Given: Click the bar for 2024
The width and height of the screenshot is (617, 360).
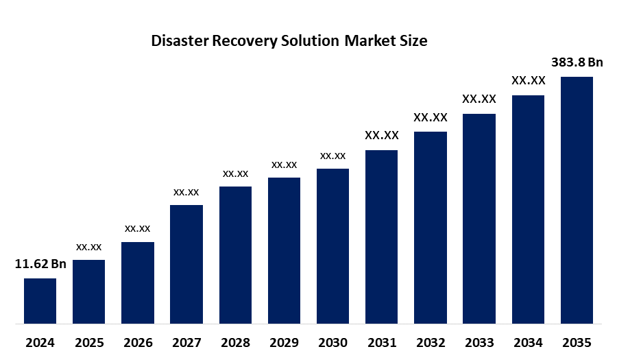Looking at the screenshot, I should [40, 300].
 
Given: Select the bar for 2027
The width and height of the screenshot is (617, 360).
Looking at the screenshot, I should [186, 264].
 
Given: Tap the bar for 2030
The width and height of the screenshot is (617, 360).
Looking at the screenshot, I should [332, 245].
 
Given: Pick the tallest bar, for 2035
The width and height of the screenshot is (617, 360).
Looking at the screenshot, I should [577, 200].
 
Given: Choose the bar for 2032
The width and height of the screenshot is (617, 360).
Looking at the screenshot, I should [431, 227].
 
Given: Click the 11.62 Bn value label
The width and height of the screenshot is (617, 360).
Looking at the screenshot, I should [40, 263].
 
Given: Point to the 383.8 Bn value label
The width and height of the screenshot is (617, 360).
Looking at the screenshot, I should [577, 62].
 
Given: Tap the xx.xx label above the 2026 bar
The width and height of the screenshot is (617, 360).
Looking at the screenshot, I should [137, 228].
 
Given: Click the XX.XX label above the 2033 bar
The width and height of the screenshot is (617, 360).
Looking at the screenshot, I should [479, 99].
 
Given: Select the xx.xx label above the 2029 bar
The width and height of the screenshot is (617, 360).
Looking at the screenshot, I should [284, 165].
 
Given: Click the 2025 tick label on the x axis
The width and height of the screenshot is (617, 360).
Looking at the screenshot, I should [88, 342].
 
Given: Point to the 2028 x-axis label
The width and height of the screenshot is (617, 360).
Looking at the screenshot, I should [235, 342].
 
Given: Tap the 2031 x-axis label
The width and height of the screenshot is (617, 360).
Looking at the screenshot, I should [382, 342].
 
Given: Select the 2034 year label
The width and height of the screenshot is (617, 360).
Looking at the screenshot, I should [528, 342].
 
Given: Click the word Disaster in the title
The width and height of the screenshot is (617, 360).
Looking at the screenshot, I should [180, 41].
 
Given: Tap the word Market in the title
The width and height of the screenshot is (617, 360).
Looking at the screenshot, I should [371, 41].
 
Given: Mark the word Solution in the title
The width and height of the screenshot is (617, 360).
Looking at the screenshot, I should [311, 41].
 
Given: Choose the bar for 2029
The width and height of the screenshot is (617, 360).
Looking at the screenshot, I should [284, 250].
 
